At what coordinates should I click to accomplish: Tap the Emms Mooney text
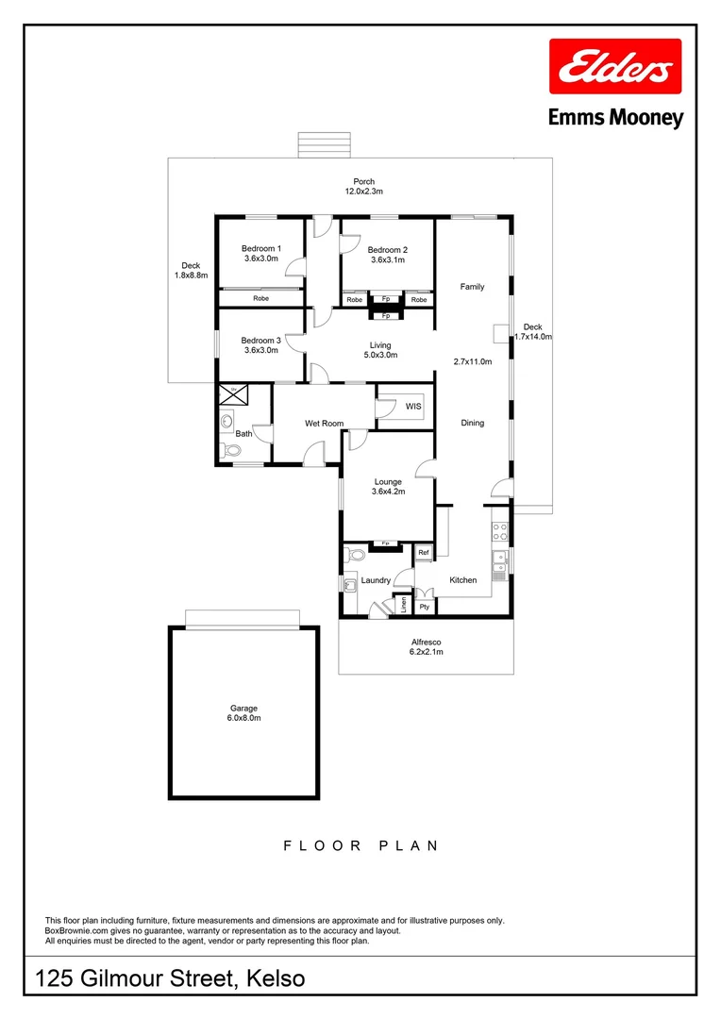[615, 118]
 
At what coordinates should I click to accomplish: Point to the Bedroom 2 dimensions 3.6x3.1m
[386, 259]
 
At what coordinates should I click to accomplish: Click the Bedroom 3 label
[260, 340]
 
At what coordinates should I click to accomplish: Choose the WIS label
[413, 407]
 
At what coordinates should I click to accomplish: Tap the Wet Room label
[324, 424]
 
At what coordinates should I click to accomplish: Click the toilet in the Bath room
[226, 451]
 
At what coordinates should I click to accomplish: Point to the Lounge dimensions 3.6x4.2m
[388, 492]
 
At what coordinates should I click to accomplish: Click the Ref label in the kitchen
[424, 553]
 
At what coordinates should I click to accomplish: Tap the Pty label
[425, 607]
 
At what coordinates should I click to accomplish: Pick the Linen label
[403, 604]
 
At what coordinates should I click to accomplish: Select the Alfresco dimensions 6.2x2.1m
[426, 652]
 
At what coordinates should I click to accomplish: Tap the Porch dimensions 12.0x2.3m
[363, 192]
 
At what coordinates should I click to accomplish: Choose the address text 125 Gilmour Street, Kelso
[171, 978]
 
